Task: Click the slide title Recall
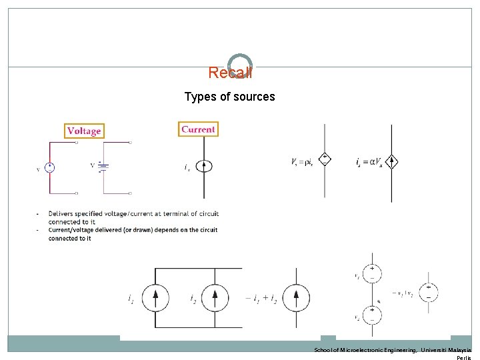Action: (230, 72)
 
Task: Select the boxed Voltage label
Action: (84, 131)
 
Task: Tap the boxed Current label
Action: (198, 129)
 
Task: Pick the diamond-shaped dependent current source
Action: (392, 161)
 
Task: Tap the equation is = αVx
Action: (369, 161)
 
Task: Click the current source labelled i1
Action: (155, 298)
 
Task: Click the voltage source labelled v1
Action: (372, 273)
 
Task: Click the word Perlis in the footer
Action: (463, 357)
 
